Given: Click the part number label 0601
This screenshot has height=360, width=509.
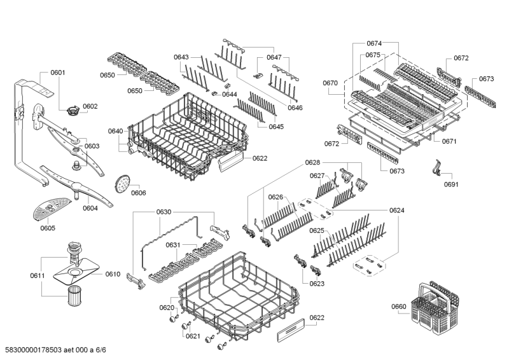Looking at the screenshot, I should tap(57, 73).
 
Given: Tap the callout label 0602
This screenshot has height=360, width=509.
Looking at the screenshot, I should tap(90, 106).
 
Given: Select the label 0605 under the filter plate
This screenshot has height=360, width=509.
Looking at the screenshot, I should tap(47, 228).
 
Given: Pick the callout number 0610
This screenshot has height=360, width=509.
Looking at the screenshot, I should tap(113, 274).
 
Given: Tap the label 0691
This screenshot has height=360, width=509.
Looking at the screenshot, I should tap(451, 184).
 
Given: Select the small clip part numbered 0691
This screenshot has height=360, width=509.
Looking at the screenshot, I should tap(436, 168).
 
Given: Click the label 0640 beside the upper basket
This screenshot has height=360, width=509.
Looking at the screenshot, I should tap(115, 132).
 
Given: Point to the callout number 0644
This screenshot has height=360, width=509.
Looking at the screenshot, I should tap(229, 94).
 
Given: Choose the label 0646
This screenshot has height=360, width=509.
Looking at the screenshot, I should tap(295, 107).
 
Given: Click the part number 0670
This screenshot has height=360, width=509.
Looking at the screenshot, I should tap(330, 83).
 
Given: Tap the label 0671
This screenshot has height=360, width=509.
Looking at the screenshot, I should tap(450, 141).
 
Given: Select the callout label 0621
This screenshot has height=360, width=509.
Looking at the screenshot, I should tap(193, 336).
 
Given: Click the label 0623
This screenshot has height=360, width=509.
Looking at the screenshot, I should tap(317, 284).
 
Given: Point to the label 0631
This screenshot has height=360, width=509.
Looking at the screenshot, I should tap(173, 245).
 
